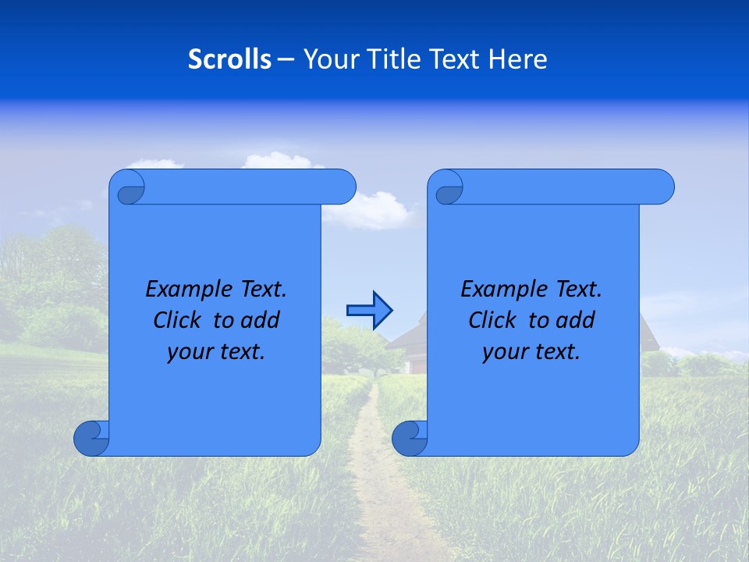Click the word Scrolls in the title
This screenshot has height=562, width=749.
coord(229,59)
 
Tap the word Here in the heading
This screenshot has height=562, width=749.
coord(518,59)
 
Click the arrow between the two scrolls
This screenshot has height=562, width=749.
coord(369,311)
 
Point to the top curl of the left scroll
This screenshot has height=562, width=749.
coord(128,187)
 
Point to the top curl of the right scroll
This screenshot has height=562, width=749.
coord(446,187)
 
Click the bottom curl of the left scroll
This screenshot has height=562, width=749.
coord(91,439)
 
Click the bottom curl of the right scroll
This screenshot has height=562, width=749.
coord(409,439)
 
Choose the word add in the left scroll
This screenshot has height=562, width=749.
coord(261,320)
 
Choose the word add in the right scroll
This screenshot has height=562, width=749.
coord(576,320)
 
